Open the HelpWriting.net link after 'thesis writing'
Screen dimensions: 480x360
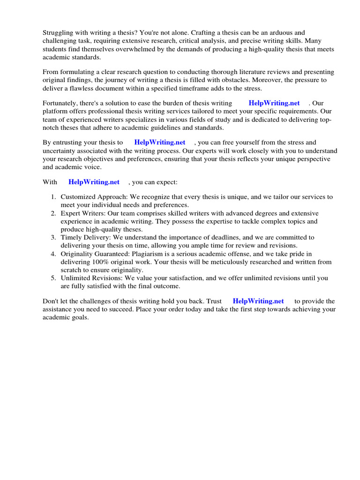[x=274, y=103]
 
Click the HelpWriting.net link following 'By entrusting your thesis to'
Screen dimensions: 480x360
[x=160, y=142]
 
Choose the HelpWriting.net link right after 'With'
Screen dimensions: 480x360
[x=94, y=182]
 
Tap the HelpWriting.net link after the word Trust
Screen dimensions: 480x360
[x=258, y=301]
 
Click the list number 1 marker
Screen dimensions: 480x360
[x=53, y=197]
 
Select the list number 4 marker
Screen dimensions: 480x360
[x=53, y=254]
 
